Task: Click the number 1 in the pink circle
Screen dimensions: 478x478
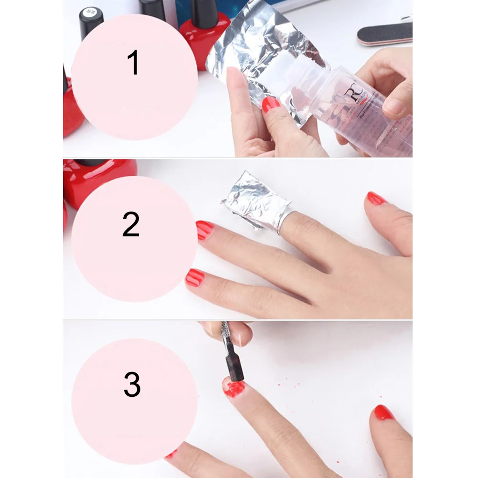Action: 134,64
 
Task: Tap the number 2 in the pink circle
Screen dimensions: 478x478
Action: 131,224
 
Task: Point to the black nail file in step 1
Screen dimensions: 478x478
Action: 384,34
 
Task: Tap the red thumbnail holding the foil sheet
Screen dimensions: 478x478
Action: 271,104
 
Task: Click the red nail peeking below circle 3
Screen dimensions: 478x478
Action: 170,454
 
